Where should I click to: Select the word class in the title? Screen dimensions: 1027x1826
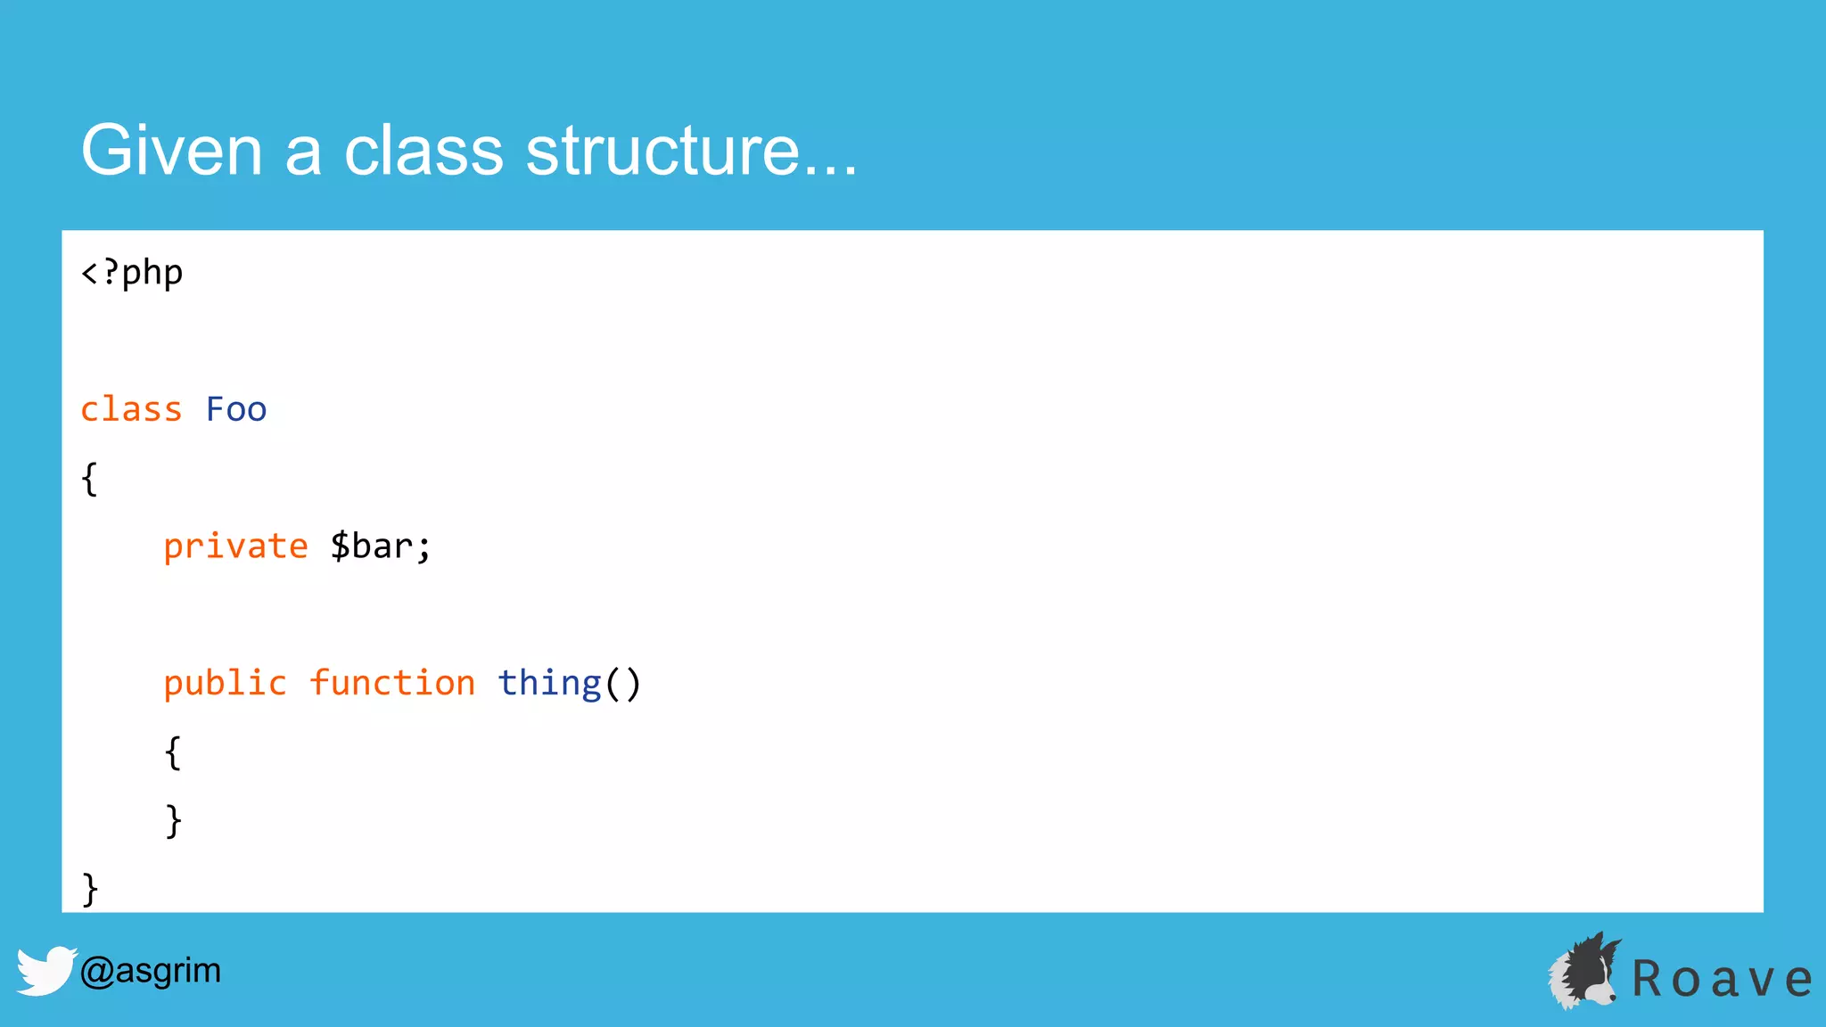coord(424,151)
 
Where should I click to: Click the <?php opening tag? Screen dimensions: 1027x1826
coord(132,273)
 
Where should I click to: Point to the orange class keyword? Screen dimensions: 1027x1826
coord(131,409)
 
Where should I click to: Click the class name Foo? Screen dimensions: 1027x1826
coord(236,409)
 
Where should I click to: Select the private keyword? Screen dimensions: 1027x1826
coord(235,546)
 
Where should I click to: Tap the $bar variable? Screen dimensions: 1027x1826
coord(380,546)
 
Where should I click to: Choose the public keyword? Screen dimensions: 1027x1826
coord(225,684)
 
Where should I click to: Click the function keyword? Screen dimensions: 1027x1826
coord(392,684)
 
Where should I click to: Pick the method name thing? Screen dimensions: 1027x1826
coord(549,684)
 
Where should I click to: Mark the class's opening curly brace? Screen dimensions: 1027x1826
coord(89,479)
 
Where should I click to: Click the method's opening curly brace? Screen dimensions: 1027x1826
coord(173,752)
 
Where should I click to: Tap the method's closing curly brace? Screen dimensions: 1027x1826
coord(173,820)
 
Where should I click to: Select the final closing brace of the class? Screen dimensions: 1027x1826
coord(89,889)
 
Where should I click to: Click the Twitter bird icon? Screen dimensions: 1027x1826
coord(45,970)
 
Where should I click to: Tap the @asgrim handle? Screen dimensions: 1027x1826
coord(150,970)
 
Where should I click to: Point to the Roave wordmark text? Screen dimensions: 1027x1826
coord(1721,979)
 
